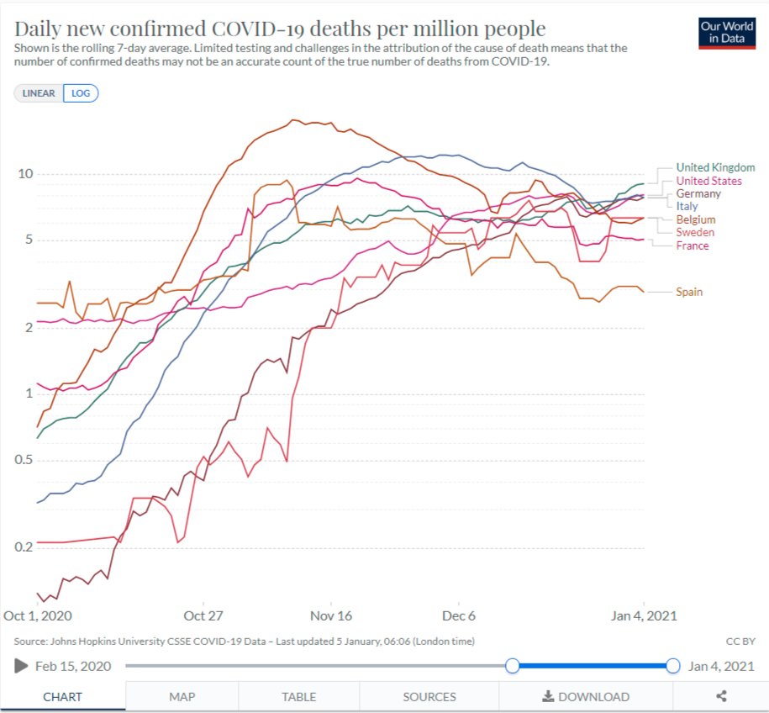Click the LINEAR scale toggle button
(x=39, y=93)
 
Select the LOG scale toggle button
(x=81, y=93)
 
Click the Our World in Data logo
(x=727, y=33)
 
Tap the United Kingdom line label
(x=715, y=168)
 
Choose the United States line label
(x=708, y=181)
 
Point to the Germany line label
(x=698, y=194)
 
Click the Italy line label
(x=687, y=206)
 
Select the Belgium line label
(x=695, y=219)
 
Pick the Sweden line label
(x=695, y=232)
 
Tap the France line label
(x=693, y=246)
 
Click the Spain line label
(x=689, y=292)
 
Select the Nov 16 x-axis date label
(x=332, y=615)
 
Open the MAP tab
(x=182, y=696)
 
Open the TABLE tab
(x=299, y=696)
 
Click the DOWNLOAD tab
(x=586, y=696)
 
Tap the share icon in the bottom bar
(x=721, y=696)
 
